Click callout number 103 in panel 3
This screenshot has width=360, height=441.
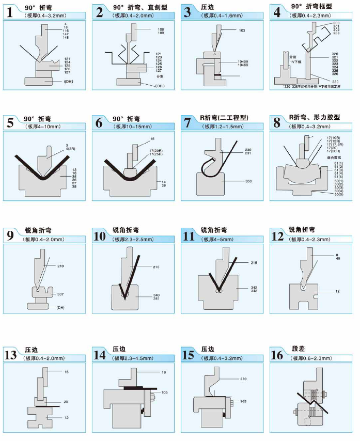coord(242,30)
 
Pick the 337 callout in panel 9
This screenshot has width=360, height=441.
coord(60,294)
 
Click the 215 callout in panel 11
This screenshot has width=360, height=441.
coord(254,263)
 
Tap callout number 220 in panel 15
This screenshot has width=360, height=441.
coord(243,379)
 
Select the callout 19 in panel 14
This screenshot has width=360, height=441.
coord(164,372)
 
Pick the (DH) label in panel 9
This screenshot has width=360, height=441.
coord(60,308)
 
